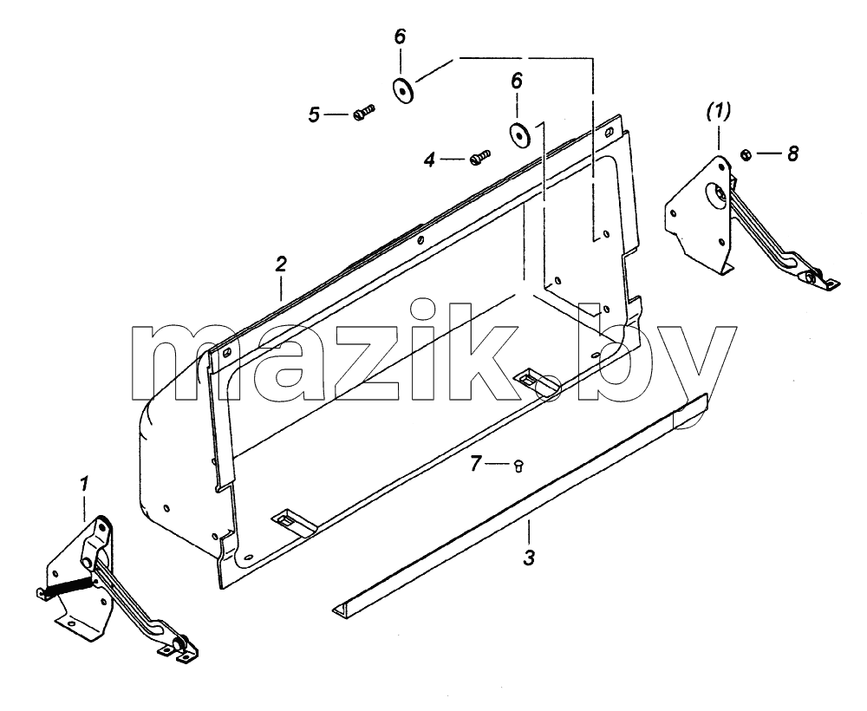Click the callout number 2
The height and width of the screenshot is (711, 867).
(282, 264)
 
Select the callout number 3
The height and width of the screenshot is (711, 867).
(529, 558)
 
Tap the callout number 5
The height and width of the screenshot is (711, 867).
(314, 115)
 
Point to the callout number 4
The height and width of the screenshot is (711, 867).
(430, 160)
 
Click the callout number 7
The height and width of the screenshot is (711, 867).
(475, 463)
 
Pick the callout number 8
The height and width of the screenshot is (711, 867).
(793, 153)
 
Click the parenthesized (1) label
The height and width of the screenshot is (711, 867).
(718, 112)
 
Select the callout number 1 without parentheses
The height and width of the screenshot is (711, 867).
(84, 485)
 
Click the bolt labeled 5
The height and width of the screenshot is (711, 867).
(363, 112)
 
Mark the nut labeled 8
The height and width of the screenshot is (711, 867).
(745, 154)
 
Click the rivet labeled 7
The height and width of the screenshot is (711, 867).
(518, 466)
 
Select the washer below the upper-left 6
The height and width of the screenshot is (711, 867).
(404, 91)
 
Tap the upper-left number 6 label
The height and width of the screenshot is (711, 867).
(400, 36)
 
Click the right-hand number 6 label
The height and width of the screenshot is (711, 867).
(517, 82)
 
